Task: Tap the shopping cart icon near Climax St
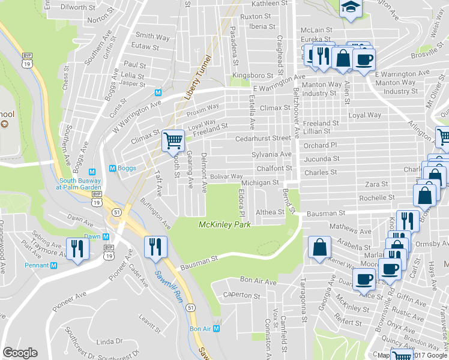point(173,140)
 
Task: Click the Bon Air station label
point(200,329)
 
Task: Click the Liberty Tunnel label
point(198,78)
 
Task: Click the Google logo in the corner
point(20,353)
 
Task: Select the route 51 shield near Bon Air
point(190,307)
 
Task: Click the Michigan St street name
point(260,182)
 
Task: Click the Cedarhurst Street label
point(262,138)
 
